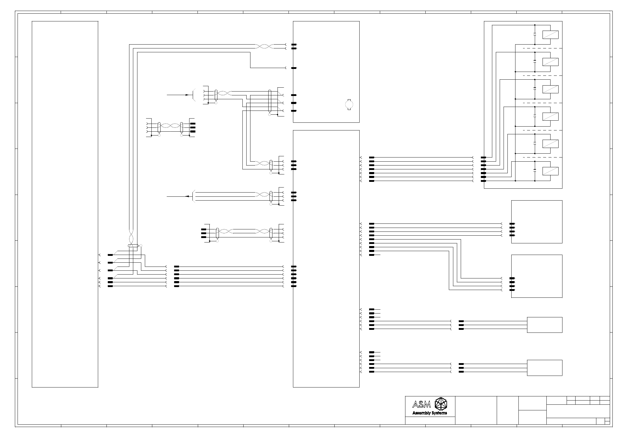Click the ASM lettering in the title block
pyautogui.click(x=421, y=404)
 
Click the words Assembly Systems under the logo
pyautogui.click(x=430, y=413)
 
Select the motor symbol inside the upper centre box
pyautogui.click(x=349, y=104)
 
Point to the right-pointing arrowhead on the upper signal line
pyautogui.click(x=187, y=95)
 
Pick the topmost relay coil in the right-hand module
pyautogui.click(x=551, y=35)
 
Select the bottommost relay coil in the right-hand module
pyautogui.click(x=551, y=171)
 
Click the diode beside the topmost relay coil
pyautogui.click(x=535, y=35)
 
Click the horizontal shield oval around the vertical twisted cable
pyautogui.click(x=133, y=246)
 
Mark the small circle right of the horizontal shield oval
pyautogui.click(x=141, y=246)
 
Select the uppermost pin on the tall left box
pyautogui.click(x=110, y=255)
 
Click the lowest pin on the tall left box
pyautogui.click(x=110, y=286)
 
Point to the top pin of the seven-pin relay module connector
pyautogui.click(x=483, y=157)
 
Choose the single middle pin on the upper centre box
pyautogui.click(x=294, y=68)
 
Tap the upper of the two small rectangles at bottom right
pyautogui.click(x=545, y=325)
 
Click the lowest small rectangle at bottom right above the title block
pyautogui.click(x=545, y=368)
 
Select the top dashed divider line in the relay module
pyautogui.click(x=542, y=48)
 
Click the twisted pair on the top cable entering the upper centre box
pyautogui.click(x=265, y=46)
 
